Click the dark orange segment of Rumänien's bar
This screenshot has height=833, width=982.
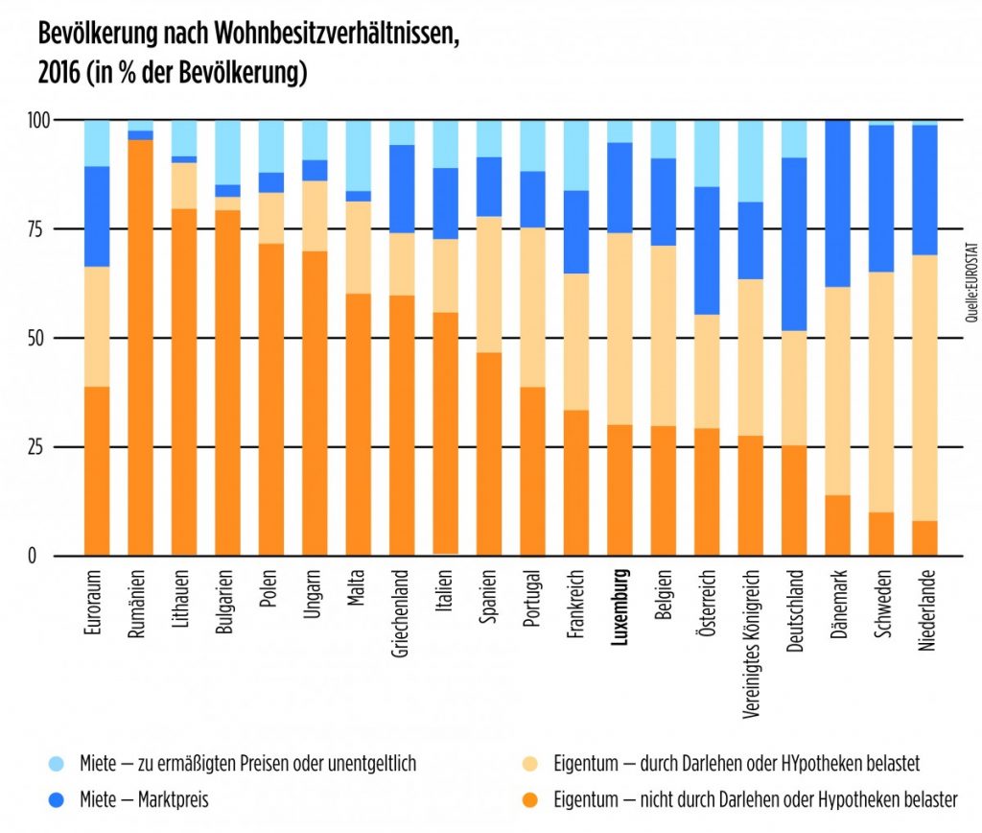(x=141, y=345)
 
